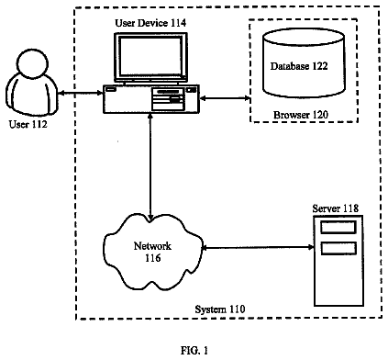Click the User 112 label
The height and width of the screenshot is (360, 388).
click(x=28, y=124)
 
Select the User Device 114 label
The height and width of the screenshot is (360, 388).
click(x=150, y=23)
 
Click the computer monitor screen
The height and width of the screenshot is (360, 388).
click(x=150, y=56)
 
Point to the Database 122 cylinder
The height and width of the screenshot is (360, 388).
click(x=304, y=63)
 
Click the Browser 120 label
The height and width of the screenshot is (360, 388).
click(x=301, y=115)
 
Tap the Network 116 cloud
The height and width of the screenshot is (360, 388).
click(x=153, y=252)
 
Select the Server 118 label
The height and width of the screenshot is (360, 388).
click(x=335, y=208)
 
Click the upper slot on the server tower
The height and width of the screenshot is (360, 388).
click(x=338, y=227)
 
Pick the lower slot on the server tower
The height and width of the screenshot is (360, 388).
click(x=338, y=248)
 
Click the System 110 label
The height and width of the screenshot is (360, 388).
click(x=220, y=309)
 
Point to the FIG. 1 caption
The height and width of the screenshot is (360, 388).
click(x=194, y=350)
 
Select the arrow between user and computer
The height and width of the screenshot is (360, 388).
click(x=80, y=92)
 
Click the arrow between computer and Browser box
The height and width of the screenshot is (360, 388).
click(x=225, y=98)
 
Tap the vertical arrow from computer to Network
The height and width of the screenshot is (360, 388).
click(x=150, y=167)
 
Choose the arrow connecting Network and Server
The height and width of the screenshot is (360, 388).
click(x=258, y=247)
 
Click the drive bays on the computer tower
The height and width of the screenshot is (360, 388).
click(x=169, y=99)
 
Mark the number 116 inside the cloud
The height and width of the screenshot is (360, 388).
click(x=152, y=258)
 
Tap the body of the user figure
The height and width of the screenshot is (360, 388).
click(x=31, y=96)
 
